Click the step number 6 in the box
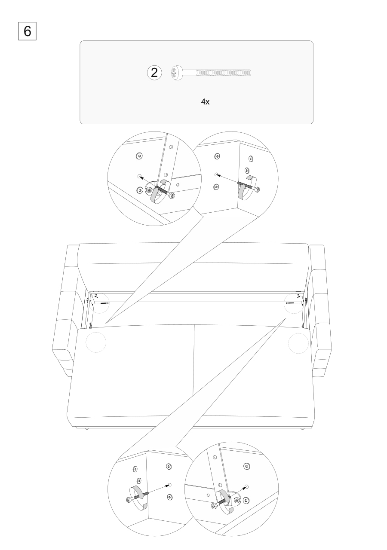(x=27, y=31)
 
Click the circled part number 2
(x=154, y=73)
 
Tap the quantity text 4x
(x=205, y=102)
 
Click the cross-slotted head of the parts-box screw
(x=177, y=73)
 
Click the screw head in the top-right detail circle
(x=257, y=189)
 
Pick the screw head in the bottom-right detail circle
(x=214, y=506)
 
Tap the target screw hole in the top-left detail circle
(x=140, y=176)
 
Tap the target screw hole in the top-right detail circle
(x=216, y=174)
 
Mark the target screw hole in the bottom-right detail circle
(x=247, y=487)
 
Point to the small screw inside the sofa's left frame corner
(x=104, y=303)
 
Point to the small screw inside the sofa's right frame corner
(x=290, y=303)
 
